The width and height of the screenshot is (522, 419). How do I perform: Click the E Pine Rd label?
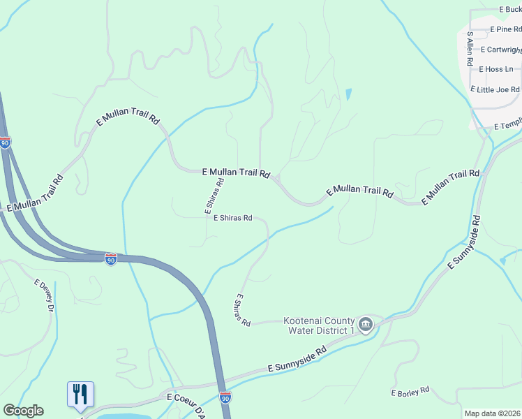coord(505,29)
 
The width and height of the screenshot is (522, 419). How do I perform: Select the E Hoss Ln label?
coord(495,69)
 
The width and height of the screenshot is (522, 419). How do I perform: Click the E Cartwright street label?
coord(504,50)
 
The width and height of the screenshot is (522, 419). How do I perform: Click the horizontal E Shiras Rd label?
coord(233,218)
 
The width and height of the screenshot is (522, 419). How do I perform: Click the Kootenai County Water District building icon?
coord(365,325)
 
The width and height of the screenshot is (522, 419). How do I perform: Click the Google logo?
coord(23,411)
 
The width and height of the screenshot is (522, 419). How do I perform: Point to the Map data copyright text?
coord(493,413)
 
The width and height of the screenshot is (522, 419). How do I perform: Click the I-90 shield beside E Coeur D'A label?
coord(225,397)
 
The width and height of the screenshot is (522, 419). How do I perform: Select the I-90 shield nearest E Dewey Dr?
coord(111,258)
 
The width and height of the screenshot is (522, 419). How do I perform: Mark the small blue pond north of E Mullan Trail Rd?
coord(348,94)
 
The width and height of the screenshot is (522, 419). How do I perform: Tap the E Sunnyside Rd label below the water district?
coord(297,360)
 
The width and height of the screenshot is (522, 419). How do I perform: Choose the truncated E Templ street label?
coord(507,124)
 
